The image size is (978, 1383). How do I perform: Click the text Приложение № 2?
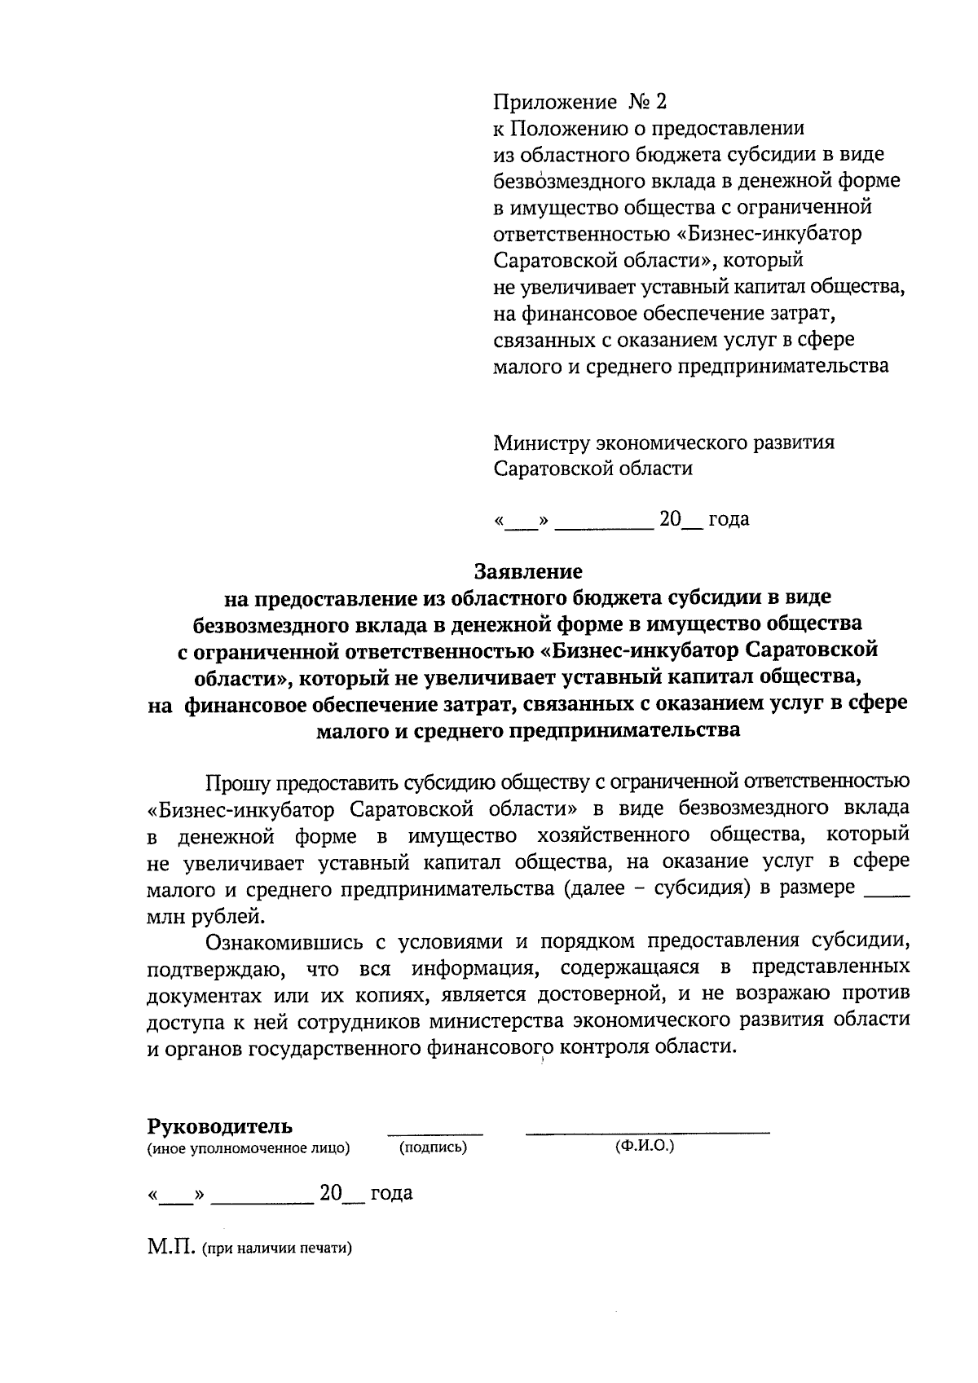tap(579, 102)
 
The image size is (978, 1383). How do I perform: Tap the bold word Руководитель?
tap(219, 1126)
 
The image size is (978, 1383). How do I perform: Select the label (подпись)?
tap(433, 1147)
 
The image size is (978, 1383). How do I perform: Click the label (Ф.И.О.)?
tap(645, 1146)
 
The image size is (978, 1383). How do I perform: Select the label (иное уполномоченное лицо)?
tap(248, 1148)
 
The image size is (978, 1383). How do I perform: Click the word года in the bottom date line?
tap(391, 1193)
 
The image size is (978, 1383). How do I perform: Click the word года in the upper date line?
tap(728, 519)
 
